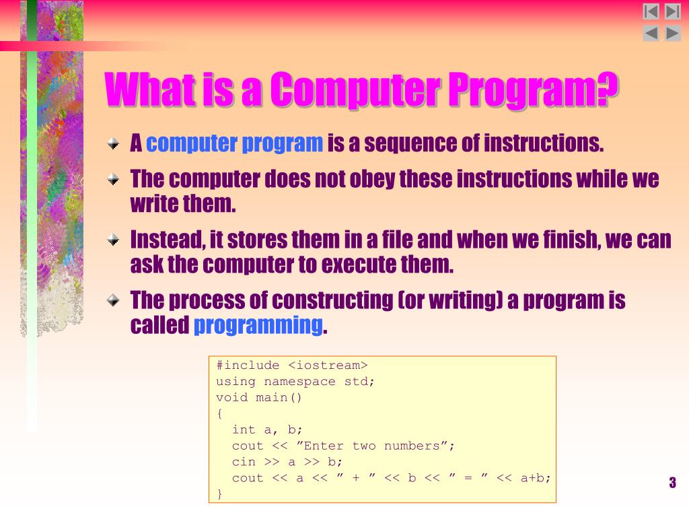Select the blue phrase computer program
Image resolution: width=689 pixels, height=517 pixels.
[235, 143]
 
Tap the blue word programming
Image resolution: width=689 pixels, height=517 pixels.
[258, 326]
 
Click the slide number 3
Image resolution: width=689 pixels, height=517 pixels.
[672, 483]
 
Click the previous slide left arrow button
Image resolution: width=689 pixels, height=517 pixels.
[651, 33]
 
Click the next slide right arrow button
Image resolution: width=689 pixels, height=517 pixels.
[673, 33]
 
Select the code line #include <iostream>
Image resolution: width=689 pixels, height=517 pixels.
[291, 366]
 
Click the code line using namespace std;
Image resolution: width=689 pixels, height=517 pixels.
[295, 382]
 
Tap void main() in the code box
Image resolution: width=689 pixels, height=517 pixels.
[259, 397]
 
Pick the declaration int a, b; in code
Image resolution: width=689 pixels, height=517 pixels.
[268, 429]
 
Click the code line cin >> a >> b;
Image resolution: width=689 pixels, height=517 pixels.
[287, 462]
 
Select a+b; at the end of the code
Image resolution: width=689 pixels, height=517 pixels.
[536, 478]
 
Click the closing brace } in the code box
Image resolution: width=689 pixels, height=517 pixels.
[219, 493]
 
